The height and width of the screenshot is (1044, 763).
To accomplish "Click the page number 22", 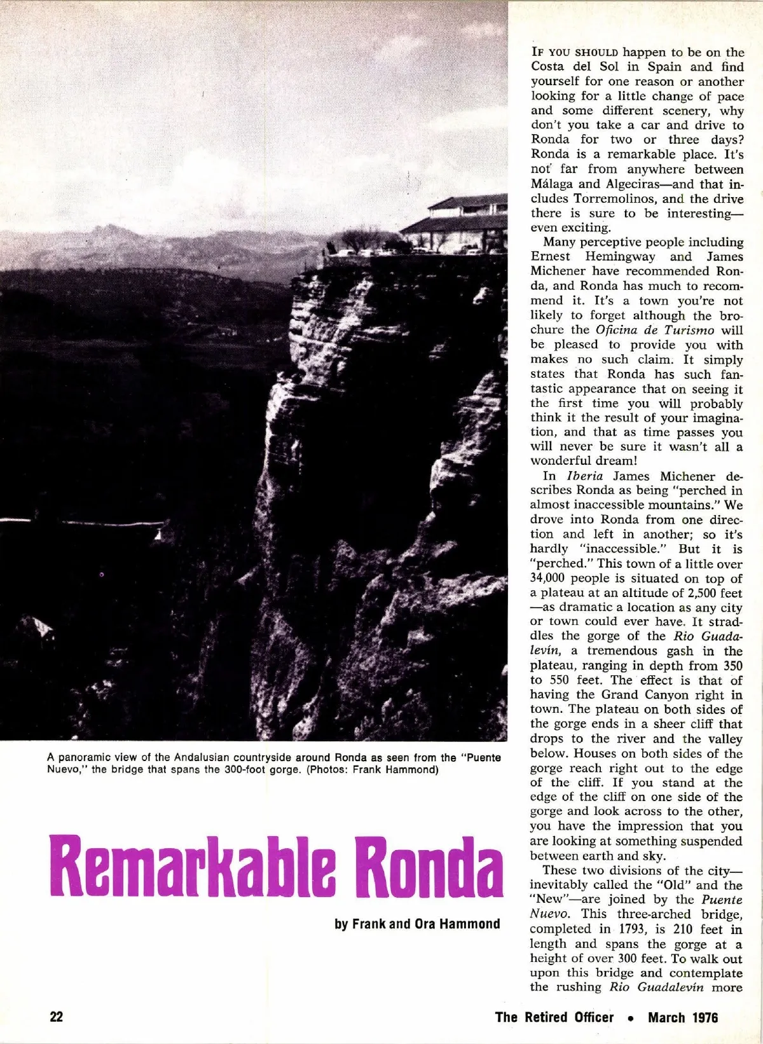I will tap(57, 1017).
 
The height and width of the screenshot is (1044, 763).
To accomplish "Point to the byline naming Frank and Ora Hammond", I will tap(417, 923).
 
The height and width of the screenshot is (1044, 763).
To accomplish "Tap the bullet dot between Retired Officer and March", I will tap(631, 1018).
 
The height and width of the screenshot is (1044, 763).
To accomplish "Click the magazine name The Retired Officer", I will tap(554, 1017).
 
